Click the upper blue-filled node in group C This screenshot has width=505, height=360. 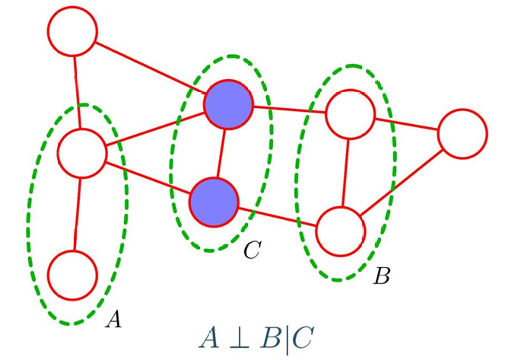click(x=228, y=104)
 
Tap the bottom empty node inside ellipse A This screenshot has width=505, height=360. click(x=73, y=274)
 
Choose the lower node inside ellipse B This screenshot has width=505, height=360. click(x=340, y=230)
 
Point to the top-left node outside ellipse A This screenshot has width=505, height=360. click(x=73, y=31)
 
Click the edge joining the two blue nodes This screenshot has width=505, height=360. click(x=221, y=152)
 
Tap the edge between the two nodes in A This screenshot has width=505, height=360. click(x=78, y=213)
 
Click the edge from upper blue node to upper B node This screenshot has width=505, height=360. click(x=289, y=109)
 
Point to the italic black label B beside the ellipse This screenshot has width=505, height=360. click(x=382, y=277)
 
